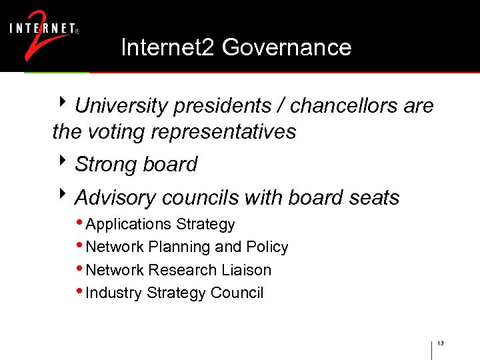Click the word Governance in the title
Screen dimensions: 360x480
287,47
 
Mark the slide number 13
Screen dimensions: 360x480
441,343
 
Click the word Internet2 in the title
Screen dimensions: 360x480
168,47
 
